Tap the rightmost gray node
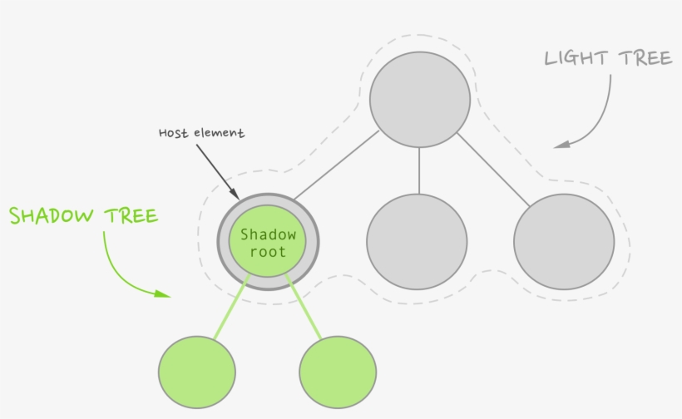564,243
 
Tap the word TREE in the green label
131,216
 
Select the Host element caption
202,133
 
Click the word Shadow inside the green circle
268,234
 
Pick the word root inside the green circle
268,252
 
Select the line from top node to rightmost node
492,170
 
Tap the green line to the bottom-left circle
230,308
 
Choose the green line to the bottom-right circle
304,308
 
